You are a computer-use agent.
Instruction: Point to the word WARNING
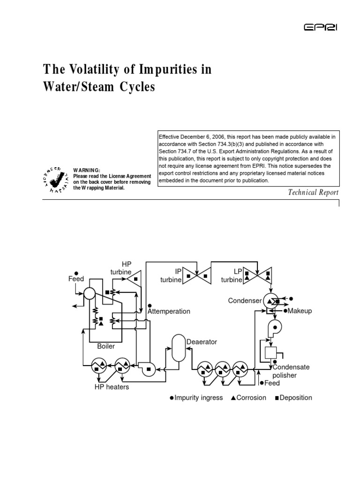click(86, 170)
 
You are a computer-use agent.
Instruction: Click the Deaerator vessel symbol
click(178, 347)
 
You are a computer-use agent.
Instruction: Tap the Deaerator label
click(202, 342)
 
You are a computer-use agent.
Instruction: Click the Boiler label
click(105, 346)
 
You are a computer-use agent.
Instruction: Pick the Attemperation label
click(169, 311)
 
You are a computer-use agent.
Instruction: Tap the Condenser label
click(244, 300)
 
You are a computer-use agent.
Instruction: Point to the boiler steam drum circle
click(89, 292)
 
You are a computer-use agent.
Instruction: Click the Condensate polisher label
click(291, 371)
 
